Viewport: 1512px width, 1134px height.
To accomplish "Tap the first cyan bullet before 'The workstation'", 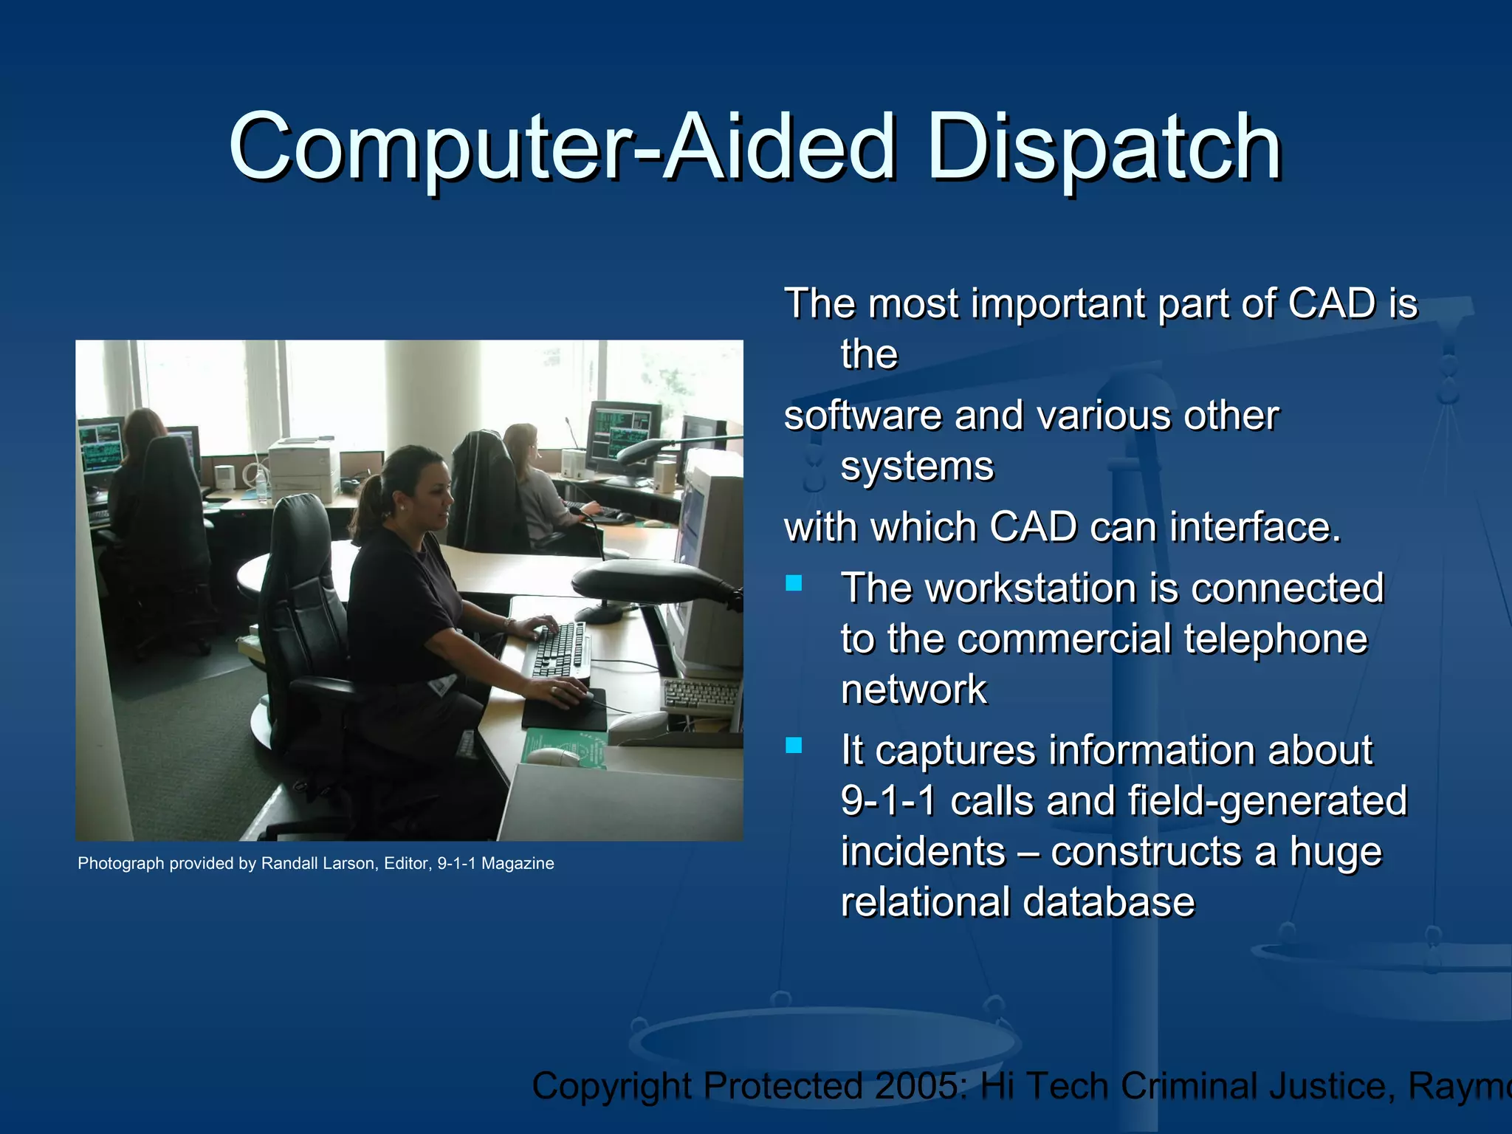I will [x=794, y=584].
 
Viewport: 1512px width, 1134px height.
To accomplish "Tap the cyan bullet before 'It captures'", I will [x=794, y=746].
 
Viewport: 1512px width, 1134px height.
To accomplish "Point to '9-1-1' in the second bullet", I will [x=889, y=801].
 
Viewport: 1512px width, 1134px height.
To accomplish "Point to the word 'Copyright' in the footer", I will [x=613, y=1086].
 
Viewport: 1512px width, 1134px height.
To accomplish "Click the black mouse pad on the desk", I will [x=565, y=710].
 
